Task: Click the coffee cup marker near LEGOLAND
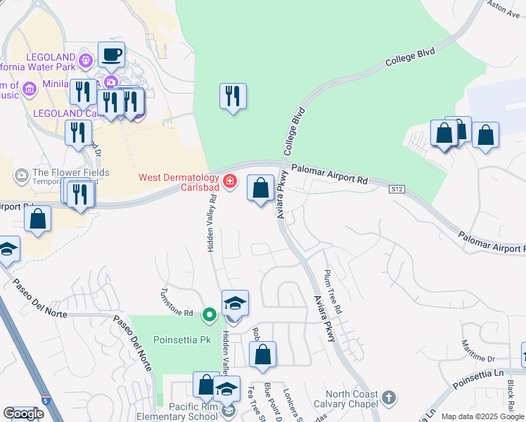click(111, 54)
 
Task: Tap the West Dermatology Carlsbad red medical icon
click(229, 183)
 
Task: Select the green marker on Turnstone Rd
click(209, 314)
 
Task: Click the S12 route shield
click(398, 188)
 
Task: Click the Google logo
click(23, 414)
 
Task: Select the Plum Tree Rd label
click(332, 290)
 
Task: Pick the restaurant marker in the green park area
click(233, 96)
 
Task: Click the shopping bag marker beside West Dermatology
click(260, 188)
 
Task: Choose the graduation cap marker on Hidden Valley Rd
click(235, 304)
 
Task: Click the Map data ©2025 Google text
click(482, 416)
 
